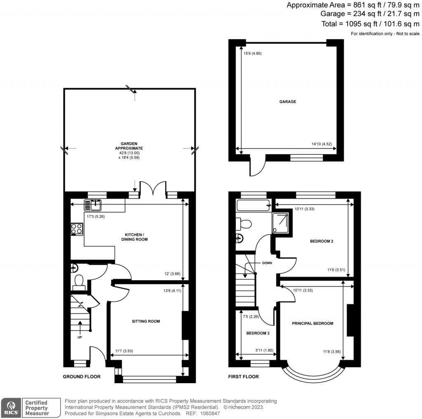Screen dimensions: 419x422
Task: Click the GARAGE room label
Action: pyautogui.click(x=288, y=102)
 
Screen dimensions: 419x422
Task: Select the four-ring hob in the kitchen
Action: pyautogui.click(x=77, y=228)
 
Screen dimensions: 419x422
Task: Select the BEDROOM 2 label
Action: pyautogui.click(x=321, y=241)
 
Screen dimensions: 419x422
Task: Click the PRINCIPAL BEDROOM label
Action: pyautogui.click(x=312, y=324)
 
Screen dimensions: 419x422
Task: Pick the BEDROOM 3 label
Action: pyautogui.click(x=258, y=333)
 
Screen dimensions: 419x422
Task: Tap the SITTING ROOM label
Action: pyautogui.click(x=146, y=321)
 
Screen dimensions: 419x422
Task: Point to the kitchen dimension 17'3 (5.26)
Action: pyautogui.click(x=96, y=215)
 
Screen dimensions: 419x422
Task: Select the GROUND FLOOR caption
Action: pyautogui.click(x=81, y=377)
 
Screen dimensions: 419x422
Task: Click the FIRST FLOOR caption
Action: pyautogui.click(x=243, y=377)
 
